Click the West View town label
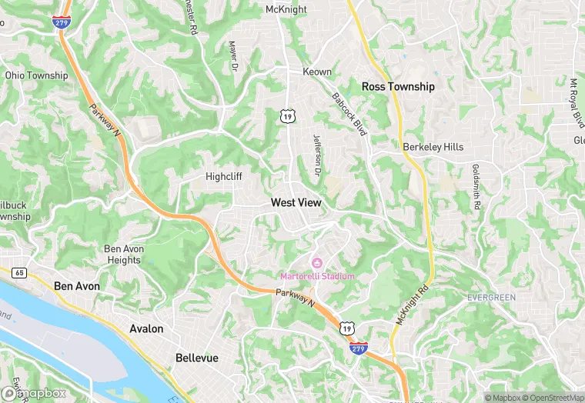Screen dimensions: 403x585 (x=296, y=202)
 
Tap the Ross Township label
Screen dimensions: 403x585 (x=398, y=87)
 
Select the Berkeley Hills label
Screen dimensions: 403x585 (x=433, y=147)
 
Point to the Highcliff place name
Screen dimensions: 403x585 (x=224, y=176)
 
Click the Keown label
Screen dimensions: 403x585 (x=317, y=72)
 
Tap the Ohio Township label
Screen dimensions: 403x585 (x=36, y=75)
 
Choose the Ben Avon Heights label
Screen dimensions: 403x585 (x=123, y=255)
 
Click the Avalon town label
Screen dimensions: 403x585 (x=146, y=328)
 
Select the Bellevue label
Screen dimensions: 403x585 (x=196, y=358)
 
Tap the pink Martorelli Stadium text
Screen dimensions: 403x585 (x=317, y=276)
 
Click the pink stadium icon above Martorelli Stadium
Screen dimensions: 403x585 (x=317, y=264)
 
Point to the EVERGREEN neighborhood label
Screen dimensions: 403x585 (x=491, y=297)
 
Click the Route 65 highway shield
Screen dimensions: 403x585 (x=18, y=272)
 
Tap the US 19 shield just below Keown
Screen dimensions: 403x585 (x=286, y=116)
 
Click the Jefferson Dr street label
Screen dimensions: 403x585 (x=316, y=153)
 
